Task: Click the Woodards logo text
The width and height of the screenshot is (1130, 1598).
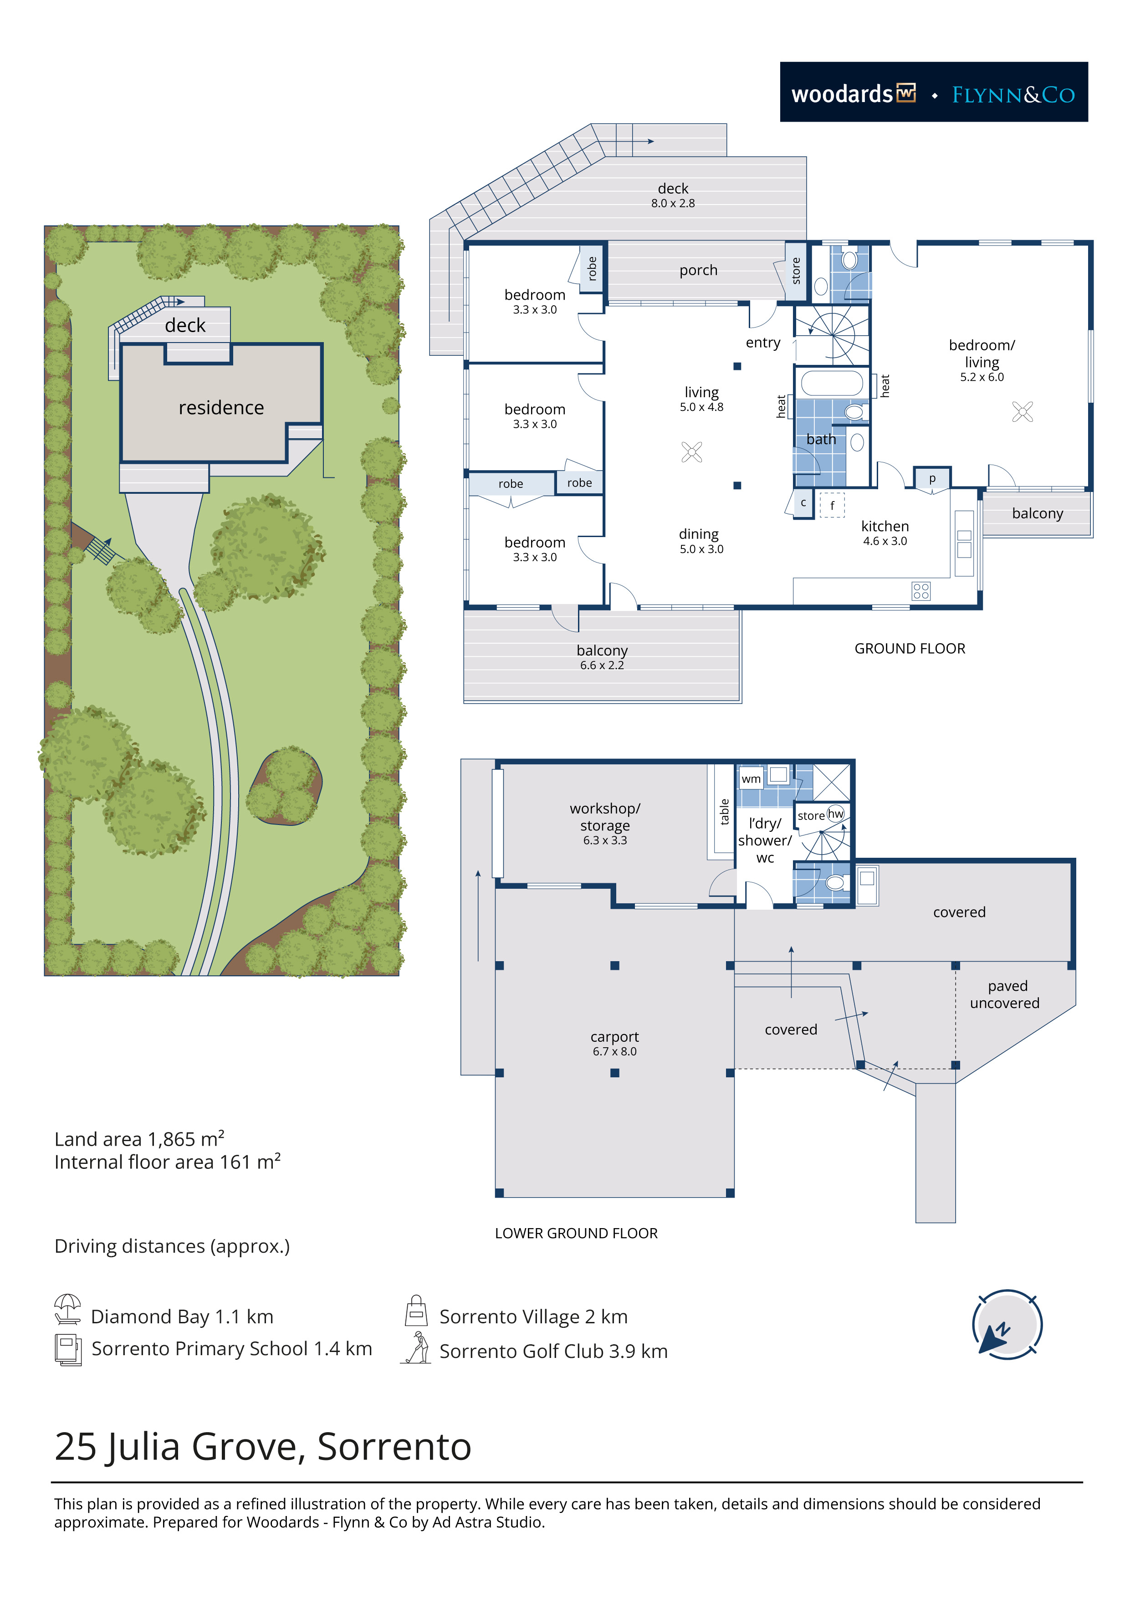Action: (842, 94)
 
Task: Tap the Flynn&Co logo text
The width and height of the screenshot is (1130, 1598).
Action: (1013, 95)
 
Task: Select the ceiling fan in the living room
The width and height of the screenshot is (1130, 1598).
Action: (692, 452)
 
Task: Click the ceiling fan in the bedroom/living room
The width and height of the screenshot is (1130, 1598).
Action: (1022, 412)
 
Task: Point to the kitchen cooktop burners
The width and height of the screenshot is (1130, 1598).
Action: (920, 591)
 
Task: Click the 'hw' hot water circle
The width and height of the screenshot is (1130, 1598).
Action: (835, 814)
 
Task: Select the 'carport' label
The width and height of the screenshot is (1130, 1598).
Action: (614, 1036)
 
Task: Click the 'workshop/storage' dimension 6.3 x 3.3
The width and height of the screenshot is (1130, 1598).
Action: (605, 841)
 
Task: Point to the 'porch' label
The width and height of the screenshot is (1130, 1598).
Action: (698, 271)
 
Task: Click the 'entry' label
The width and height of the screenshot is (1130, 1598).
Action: (762, 343)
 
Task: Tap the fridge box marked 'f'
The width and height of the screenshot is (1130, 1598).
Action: (832, 505)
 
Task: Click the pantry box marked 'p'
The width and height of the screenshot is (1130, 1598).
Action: (932, 478)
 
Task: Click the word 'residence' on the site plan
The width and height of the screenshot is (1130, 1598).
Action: (221, 407)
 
